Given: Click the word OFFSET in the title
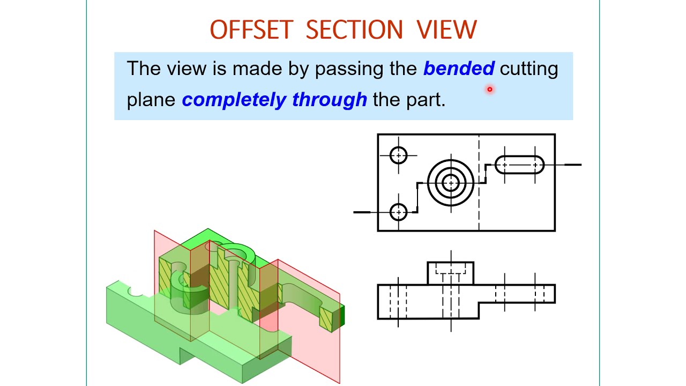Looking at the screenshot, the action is click(x=251, y=30).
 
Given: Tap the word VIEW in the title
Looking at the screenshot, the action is click(x=446, y=30).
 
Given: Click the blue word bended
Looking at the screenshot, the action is click(x=459, y=69).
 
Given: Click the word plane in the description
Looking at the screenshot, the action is click(x=151, y=100).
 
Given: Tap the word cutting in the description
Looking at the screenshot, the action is click(x=529, y=69).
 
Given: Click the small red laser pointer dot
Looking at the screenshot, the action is click(x=489, y=90).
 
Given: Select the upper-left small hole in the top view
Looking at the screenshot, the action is click(x=398, y=155).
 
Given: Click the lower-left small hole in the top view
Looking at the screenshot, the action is click(x=398, y=212).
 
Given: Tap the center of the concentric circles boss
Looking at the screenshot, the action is click(x=451, y=183).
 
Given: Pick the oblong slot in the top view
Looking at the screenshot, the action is click(x=519, y=165).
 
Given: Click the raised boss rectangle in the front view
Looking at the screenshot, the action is click(x=450, y=273).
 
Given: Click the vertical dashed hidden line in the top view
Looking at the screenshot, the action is click(x=479, y=204).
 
